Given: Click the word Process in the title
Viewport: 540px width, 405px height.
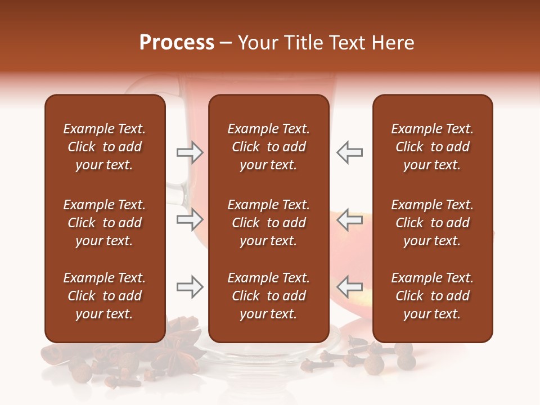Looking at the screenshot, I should [177, 43].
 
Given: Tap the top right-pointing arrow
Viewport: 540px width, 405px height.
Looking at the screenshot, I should [190, 152].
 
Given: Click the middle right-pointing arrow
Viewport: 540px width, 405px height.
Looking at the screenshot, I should [190, 219].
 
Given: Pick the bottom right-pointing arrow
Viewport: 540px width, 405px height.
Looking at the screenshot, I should [190, 287].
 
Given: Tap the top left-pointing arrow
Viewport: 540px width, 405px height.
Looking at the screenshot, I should [349, 152].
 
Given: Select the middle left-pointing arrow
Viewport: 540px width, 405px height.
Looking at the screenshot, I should [349, 219].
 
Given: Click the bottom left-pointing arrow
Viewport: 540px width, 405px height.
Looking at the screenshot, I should [349, 287].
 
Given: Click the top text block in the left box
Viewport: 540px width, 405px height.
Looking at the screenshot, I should [105, 147].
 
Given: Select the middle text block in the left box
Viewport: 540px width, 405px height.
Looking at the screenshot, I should [105, 223].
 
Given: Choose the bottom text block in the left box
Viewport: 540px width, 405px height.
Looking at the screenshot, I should [105, 296].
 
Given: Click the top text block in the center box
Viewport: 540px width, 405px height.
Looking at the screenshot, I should [268, 147].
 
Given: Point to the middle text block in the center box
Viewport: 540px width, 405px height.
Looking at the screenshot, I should [268, 223].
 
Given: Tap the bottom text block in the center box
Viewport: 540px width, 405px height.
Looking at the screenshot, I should [268, 296].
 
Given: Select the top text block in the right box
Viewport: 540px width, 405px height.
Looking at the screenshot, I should [432, 147].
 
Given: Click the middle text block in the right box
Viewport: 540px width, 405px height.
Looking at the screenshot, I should [432, 223].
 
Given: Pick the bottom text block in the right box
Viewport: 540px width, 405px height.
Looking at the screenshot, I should [432, 296].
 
